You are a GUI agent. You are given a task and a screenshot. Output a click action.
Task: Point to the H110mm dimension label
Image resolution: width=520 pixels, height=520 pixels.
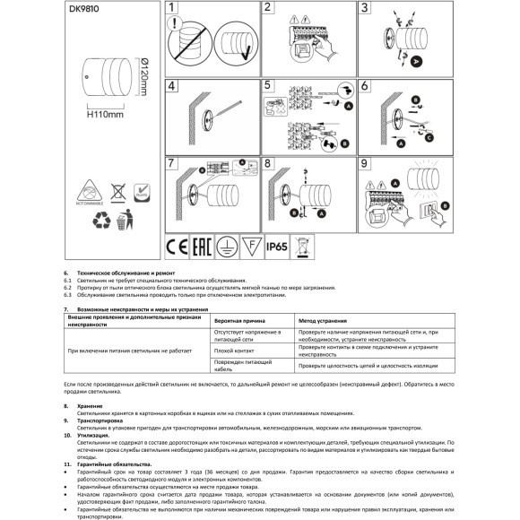(105, 114)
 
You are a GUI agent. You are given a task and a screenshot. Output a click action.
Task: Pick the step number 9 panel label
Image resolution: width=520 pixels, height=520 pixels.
(364, 163)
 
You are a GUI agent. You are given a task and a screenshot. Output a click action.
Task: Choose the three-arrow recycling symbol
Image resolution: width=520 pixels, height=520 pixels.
(88, 218)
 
